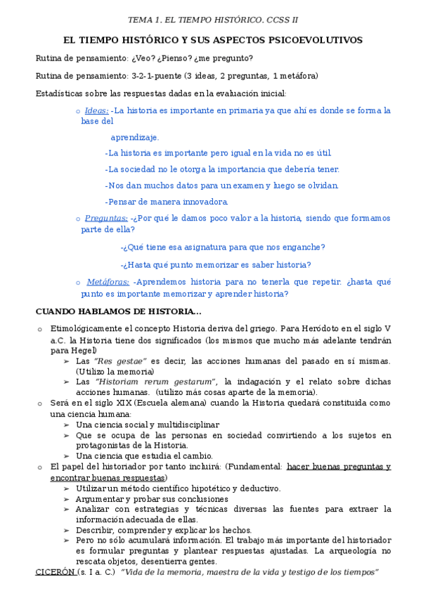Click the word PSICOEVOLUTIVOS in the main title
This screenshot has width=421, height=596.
(x=318, y=40)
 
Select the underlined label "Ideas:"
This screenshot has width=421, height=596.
(x=96, y=110)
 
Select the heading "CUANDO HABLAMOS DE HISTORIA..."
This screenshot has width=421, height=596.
(x=118, y=311)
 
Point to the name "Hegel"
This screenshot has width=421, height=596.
(x=84, y=350)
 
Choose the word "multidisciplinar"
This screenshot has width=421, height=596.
(x=185, y=425)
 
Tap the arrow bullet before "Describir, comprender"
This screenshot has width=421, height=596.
(x=66, y=530)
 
